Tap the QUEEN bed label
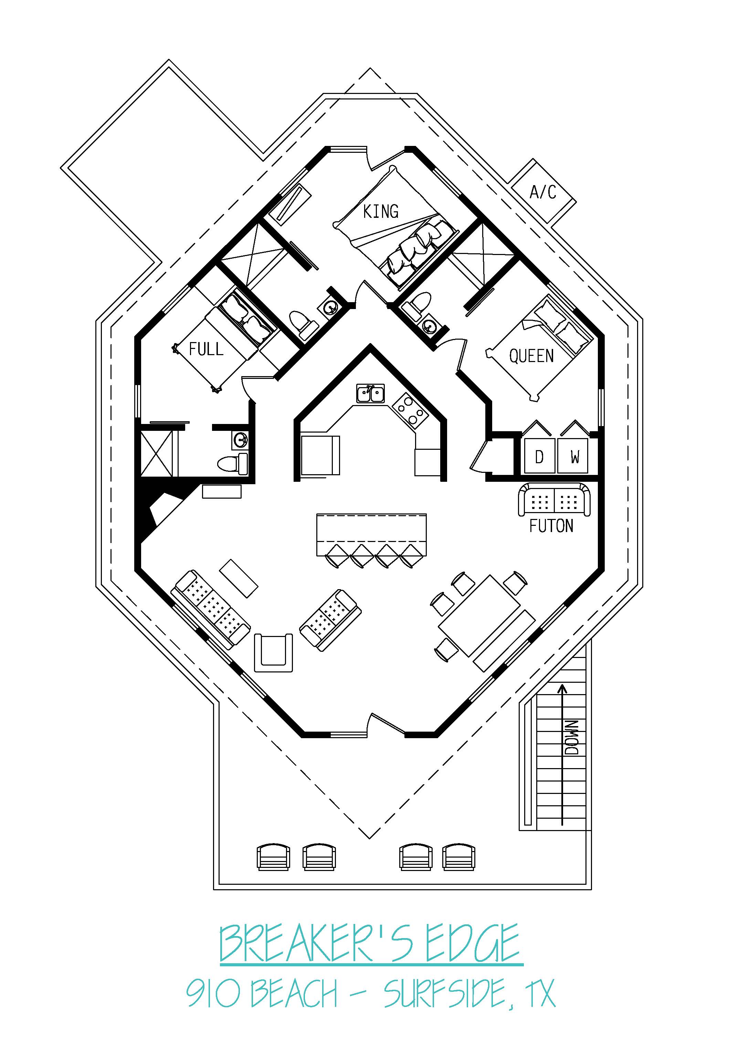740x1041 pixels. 531,356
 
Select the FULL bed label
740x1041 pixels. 206,349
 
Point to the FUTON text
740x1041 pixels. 551,526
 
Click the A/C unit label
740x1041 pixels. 543,192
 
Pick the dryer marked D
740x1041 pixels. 539,456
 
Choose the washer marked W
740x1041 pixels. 573,456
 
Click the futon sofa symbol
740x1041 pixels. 554,500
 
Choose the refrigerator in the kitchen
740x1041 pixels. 320,456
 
